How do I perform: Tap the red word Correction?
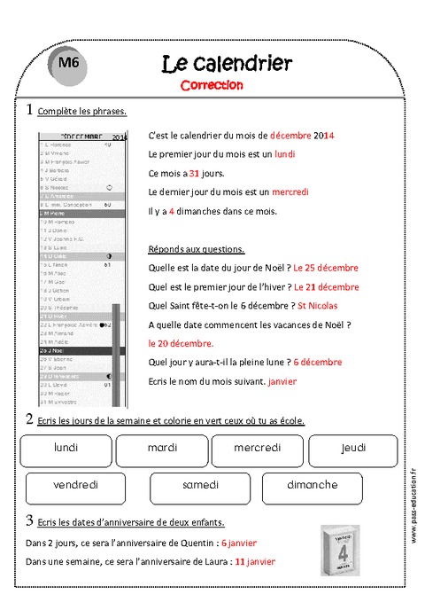(x=211, y=85)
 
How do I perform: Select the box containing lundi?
(x=66, y=449)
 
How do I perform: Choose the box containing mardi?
(x=162, y=449)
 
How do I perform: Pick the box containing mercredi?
(x=257, y=449)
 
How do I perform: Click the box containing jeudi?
(x=352, y=449)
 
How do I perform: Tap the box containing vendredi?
(x=75, y=486)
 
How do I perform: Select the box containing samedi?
(x=200, y=486)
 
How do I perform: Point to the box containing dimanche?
(x=312, y=486)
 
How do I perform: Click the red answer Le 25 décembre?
(x=325, y=267)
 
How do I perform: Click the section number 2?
(x=29, y=418)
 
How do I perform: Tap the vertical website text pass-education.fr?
(x=413, y=501)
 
